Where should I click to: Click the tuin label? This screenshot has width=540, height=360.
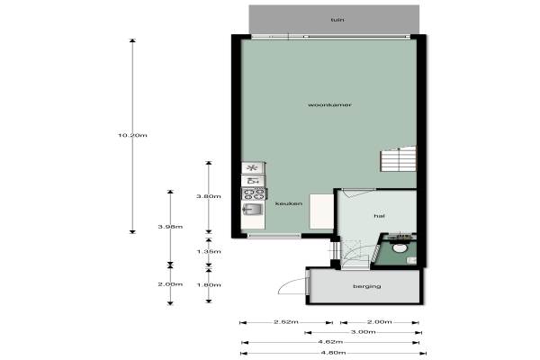click(x=337, y=20)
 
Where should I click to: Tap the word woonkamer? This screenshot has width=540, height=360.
click(x=329, y=104)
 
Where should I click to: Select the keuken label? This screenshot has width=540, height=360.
click(x=289, y=203)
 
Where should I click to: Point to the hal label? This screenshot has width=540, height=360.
click(x=379, y=216)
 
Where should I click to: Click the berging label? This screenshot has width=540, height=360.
click(x=367, y=286)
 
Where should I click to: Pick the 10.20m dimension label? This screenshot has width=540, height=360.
click(x=132, y=135)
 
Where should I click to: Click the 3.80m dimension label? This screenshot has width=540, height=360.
click(x=209, y=196)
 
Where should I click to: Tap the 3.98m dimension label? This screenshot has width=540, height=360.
click(x=170, y=227)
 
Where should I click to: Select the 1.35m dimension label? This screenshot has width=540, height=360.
click(x=209, y=251)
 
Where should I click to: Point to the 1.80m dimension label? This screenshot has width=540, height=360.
click(x=209, y=285)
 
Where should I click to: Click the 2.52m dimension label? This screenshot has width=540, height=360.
click(x=286, y=322)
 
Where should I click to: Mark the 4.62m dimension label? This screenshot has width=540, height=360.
click(x=330, y=342)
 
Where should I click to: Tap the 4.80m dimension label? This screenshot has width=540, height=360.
click(x=333, y=353)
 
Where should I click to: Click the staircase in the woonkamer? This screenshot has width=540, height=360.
click(x=398, y=158)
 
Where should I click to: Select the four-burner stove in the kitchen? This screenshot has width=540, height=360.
click(x=254, y=193)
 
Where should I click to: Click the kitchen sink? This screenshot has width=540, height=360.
click(x=253, y=209)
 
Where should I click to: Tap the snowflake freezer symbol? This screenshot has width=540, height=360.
click(x=253, y=168)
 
